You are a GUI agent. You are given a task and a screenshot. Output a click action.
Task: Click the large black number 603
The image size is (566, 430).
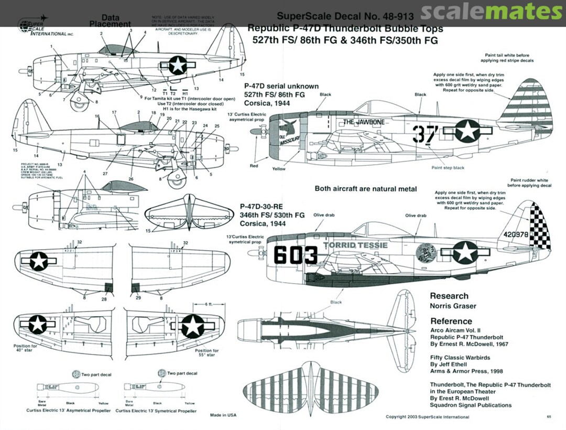coord(296,255)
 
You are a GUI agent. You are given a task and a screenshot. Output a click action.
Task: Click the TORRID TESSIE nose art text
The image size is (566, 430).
coord(355,245)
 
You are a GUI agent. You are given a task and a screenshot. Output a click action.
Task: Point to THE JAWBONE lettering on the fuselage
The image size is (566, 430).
coord(364,122)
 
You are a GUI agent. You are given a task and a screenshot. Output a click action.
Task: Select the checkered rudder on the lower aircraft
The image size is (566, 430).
coord(540,225)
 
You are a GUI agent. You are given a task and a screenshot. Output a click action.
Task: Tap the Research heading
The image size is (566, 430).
coord(449,296)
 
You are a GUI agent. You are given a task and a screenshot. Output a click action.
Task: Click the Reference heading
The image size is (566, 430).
coord(451,321)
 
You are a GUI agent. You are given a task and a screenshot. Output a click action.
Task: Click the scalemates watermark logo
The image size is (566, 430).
coord(491,12)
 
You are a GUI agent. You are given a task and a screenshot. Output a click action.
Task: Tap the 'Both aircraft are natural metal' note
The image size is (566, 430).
coord(366,188)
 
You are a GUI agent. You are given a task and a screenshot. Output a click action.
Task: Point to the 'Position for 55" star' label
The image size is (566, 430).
coord(207,353)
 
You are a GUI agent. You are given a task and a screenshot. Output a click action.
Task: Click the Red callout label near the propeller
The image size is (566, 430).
coord(254,166)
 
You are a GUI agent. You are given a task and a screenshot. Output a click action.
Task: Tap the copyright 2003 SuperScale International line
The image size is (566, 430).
coord(427,417)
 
